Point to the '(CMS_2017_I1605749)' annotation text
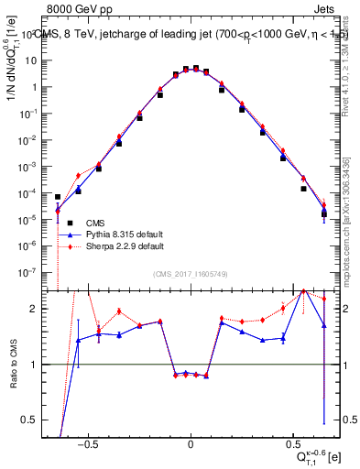pos(191,274)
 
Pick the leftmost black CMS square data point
pos(58,197)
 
